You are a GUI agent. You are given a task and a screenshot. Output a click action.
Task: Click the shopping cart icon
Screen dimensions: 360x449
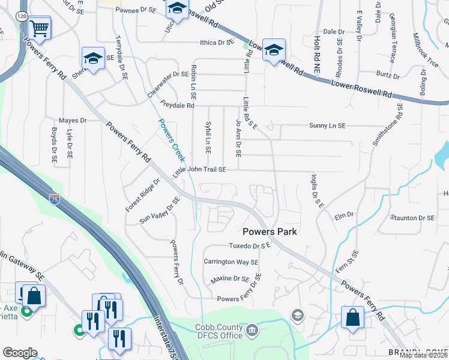39,28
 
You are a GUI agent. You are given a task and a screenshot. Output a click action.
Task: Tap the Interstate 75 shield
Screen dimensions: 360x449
55,196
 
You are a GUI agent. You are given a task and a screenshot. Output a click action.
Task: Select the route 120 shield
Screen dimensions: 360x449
22,16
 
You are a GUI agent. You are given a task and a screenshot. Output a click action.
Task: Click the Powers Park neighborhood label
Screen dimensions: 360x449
270,232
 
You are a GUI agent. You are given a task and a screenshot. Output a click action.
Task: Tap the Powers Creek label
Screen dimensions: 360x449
170,140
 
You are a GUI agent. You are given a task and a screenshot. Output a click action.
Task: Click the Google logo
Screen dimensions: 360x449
20,353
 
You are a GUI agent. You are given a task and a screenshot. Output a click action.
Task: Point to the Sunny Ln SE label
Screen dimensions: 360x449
327,126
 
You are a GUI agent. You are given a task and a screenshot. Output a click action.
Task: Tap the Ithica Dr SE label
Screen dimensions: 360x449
216,43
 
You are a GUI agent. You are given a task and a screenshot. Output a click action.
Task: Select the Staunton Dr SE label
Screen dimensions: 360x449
412,218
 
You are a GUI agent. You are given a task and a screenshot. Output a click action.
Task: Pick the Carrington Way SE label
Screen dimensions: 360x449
231,262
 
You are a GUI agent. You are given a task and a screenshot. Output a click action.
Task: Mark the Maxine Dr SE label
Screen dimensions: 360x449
229,279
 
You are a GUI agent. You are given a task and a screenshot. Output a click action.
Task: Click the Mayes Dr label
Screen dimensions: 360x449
73,121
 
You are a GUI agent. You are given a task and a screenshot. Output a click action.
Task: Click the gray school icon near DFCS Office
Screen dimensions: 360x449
297,315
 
